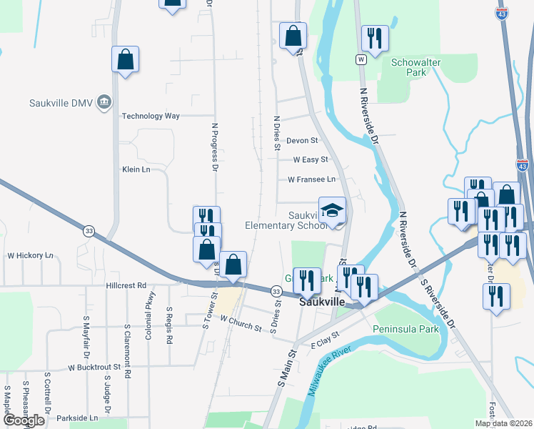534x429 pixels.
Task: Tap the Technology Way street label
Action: [x=151, y=116]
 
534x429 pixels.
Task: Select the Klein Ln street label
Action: [x=136, y=169]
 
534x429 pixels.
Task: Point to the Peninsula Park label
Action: [x=405, y=330]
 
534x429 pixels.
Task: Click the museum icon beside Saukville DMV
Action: [x=104, y=102]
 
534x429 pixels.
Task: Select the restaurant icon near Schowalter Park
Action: [x=376, y=37]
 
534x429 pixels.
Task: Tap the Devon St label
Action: [x=302, y=141]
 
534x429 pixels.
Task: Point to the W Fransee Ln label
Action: [x=311, y=179]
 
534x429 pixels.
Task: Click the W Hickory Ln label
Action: [x=30, y=255]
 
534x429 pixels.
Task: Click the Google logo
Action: [x=24, y=420]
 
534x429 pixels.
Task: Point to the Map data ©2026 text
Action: [x=503, y=423]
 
